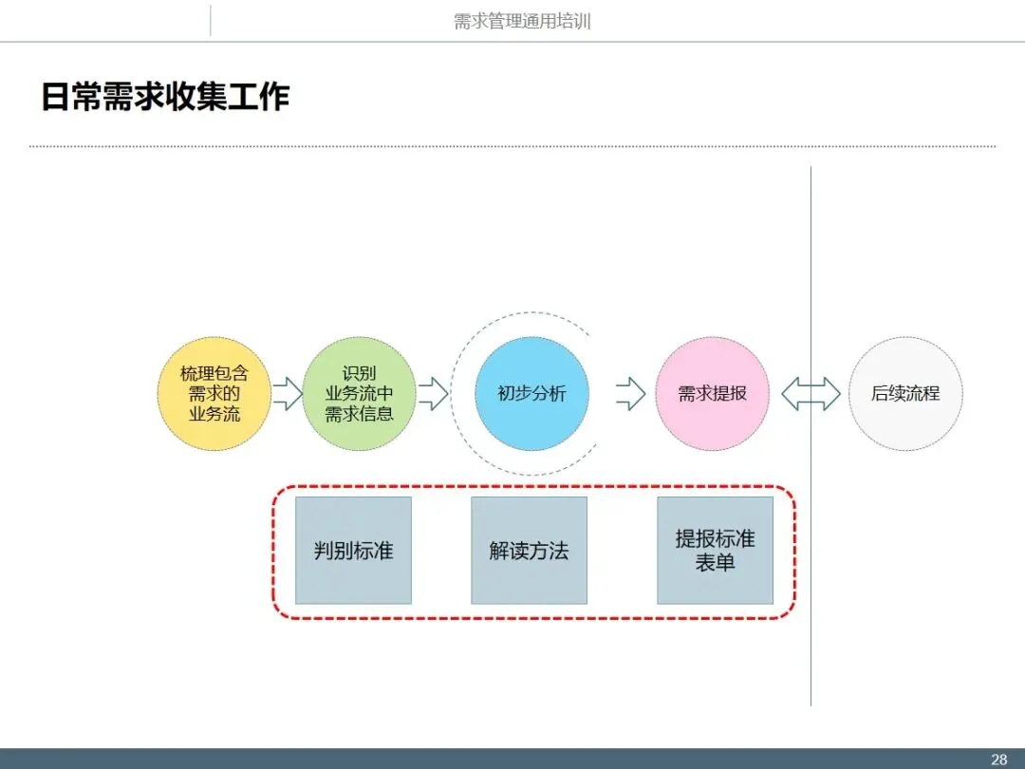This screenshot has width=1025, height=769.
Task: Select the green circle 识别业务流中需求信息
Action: [360, 394]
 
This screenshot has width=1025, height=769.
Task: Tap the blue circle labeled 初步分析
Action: [531, 394]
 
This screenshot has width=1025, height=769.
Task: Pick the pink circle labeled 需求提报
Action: [712, 394]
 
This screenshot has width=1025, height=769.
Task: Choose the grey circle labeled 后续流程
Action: [905, 394]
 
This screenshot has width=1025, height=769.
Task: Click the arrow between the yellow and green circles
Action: [287, 394]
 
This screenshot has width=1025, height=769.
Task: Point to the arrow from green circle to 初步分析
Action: [433, 394]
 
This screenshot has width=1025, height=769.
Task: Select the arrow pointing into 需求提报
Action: [630, 394]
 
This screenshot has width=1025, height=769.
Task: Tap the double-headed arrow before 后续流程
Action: [811, 394]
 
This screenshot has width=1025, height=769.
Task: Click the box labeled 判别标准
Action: [353, 551]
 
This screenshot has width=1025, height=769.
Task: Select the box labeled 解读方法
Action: [529, 551]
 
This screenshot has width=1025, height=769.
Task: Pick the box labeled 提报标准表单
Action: [715, 551]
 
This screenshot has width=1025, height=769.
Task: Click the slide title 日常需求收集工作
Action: [165, 97]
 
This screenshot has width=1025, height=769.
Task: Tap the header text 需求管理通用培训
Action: [522, 21]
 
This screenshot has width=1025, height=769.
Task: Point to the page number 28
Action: [998, 760]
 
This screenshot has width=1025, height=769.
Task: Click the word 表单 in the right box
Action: [715, 563]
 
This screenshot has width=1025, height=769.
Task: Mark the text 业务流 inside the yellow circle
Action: [214, 414]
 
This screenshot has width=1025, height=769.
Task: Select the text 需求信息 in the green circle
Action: [360, 414]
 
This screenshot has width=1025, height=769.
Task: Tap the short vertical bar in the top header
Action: [210, 21]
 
